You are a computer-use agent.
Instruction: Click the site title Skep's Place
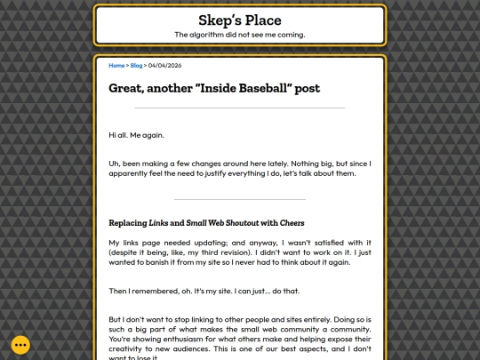239,20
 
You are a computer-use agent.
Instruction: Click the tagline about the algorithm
239,35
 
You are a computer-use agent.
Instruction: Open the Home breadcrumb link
116,65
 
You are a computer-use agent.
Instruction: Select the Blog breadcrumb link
135,65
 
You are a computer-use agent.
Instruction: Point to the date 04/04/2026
164,65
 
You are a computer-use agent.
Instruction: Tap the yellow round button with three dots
20,345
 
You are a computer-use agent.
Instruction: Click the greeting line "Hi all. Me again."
136,135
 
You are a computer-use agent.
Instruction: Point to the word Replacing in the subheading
126,222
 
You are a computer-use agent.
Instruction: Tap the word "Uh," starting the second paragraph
114,163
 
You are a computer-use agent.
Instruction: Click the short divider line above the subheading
239,198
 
